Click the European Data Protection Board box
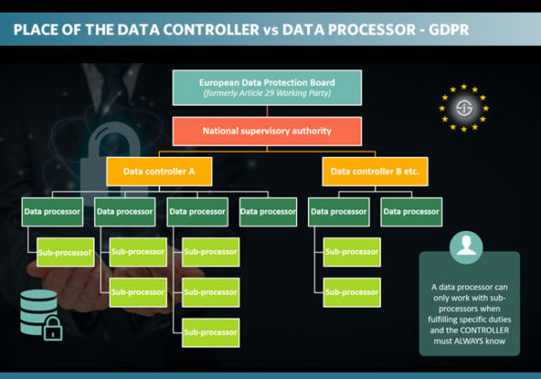tap(267, 88)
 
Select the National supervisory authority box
tap(267, 131)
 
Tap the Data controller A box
tap(154, 171)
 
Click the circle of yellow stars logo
tap(463, 108)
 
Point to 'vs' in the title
tap(268, 29)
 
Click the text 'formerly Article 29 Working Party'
tap(267, 94)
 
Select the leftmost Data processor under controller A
tap(52, 211)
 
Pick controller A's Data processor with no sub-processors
tap(268, 211)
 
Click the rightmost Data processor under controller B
tap(411, 211)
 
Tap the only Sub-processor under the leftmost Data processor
tap(65, 253)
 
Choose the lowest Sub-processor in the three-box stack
tap(211, 332)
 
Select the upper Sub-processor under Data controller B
tap(351, 252)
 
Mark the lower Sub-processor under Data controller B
tap(351, 292)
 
